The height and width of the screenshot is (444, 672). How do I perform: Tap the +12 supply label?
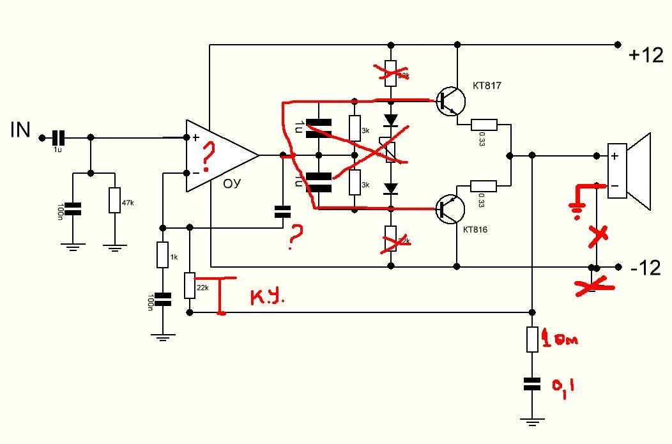click(x=646, y=56)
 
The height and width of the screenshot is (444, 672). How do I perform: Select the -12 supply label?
click(x=645, y=268)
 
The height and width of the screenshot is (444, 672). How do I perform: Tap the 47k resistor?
click(x=114, y=201)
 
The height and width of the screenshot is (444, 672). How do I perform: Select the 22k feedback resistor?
click(x=190, y=286)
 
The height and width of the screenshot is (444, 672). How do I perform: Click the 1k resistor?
click(x=163, y=256)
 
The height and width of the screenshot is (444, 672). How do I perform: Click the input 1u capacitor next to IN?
click(x=59, y=137)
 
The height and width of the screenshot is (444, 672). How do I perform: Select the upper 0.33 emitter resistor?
click(x=484, y=125)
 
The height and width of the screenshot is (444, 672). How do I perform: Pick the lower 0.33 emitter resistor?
click(x=484, y=186)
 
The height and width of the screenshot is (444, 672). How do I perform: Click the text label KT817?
click(x=487, y=85)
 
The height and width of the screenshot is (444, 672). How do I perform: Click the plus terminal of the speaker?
click(x=615, y=156)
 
